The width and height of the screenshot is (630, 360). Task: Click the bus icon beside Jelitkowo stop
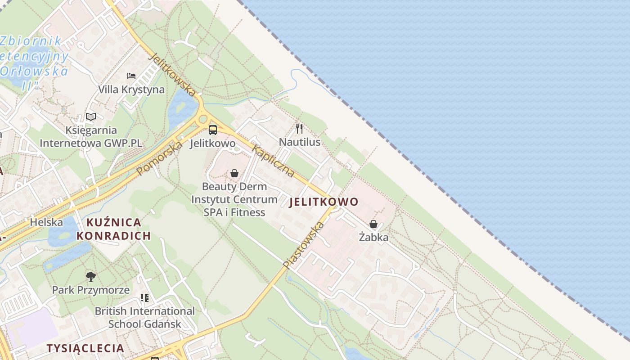[x=213, y=130]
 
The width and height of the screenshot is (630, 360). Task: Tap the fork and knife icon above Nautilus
[x=299, y=129]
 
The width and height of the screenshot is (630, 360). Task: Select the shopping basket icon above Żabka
[x=373, y=224]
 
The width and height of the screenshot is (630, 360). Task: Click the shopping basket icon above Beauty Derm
[x=234, y=173]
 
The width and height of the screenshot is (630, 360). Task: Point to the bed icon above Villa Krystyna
[x=131, y=76]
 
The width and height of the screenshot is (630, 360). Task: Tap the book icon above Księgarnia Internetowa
[x=91, y=117]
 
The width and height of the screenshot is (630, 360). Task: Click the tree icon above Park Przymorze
[x=91, y=276]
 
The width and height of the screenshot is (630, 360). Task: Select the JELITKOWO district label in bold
[x=324, y=202]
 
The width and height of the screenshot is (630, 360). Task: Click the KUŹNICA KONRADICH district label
[x=113, y=229]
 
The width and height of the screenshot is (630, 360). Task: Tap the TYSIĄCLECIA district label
[x=85, y=348]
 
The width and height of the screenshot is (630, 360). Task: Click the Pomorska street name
[x=160, y=158]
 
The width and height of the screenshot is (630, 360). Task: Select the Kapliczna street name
[x=274, y=161]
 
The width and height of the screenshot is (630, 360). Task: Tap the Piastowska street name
[x=304, y=246]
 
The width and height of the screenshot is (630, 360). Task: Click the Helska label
[x=46, y=222]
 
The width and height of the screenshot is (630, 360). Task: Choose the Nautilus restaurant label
[x=300, y=142]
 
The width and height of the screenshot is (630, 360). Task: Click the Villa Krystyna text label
[x=131, y=90]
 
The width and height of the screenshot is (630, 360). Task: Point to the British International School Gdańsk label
[x=145, y=317]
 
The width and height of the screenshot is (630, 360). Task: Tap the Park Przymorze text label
[x=91, y=290]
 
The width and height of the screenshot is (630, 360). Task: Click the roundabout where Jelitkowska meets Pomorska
[x=203, y=119]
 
